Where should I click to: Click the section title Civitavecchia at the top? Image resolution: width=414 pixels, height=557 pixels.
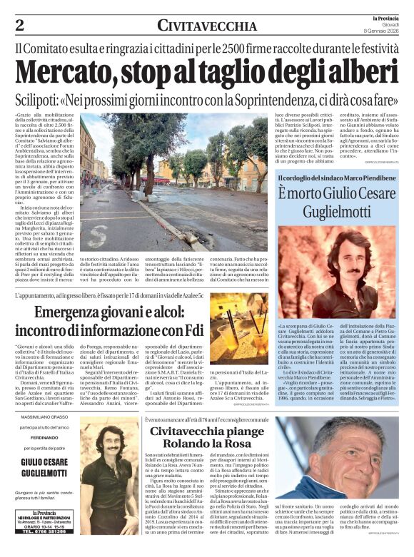[x=207, y=26]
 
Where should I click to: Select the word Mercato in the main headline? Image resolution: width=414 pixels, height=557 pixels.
[x=70, y=72]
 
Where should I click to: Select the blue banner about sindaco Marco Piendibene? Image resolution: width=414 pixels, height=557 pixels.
[x=335, y=177]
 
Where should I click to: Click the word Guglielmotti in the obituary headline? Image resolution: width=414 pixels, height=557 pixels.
[x=335, y=213]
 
